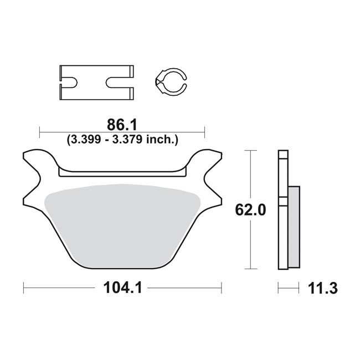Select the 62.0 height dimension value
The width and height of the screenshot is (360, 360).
pyautogui.click(x=251, y=210)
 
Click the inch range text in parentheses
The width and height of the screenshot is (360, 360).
pyautogui.click(x=122, y=140)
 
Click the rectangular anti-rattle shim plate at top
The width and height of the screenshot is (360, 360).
pyautogui.click(x=97, y=83)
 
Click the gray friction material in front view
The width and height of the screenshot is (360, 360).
pyautogui.click(x=123, y=222)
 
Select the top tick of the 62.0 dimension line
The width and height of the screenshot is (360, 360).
pyautogui.click(x=252, y=150)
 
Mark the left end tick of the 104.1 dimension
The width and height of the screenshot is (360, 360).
pyautogui.click(x=23, y=288)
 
